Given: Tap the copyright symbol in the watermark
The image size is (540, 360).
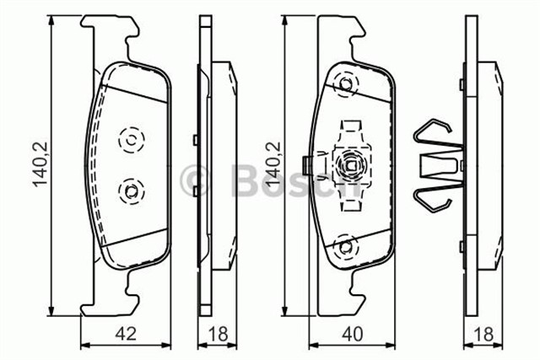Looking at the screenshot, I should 195,179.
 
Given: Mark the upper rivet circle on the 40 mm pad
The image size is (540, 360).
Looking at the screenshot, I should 345,83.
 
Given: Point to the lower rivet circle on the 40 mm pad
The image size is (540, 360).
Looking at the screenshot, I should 345,245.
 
